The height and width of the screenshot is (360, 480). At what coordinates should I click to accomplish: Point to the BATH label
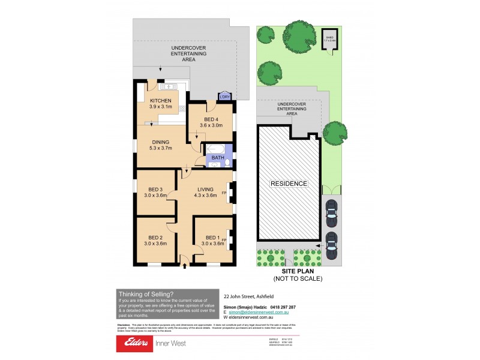(218, 158)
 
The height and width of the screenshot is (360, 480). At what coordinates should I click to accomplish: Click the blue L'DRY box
(225, 96)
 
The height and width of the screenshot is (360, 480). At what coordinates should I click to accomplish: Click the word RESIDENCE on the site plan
(289, 184)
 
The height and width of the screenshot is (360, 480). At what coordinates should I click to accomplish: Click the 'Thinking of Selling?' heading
(146, 294)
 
